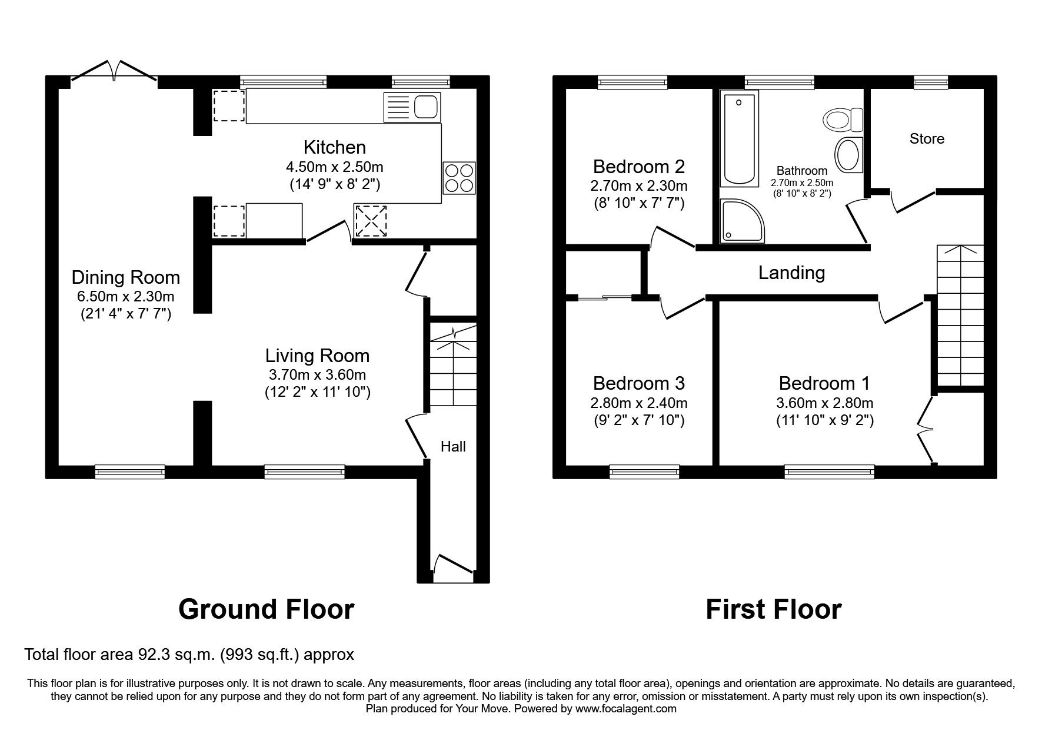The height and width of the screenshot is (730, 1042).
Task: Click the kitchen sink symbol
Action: [411, 107]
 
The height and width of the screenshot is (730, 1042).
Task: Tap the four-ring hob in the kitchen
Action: [459, 177]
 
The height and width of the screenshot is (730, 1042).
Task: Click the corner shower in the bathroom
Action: [741, 221]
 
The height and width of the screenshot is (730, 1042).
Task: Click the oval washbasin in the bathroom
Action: [848, 155]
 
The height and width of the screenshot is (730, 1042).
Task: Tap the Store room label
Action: [927, 139]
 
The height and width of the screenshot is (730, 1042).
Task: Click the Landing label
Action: [791, 273]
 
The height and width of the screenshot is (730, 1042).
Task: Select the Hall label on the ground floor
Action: [453, 447]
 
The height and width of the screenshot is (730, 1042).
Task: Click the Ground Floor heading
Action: [266, 609]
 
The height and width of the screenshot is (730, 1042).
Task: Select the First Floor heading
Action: [773, 609]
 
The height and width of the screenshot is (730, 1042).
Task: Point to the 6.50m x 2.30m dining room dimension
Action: [125, 297]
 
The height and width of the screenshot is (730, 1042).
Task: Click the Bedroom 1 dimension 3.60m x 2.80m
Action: [824, 403]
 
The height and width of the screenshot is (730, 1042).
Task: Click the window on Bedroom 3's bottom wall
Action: [644, 471]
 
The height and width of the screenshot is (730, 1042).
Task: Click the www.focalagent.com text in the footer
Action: [625, 709]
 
